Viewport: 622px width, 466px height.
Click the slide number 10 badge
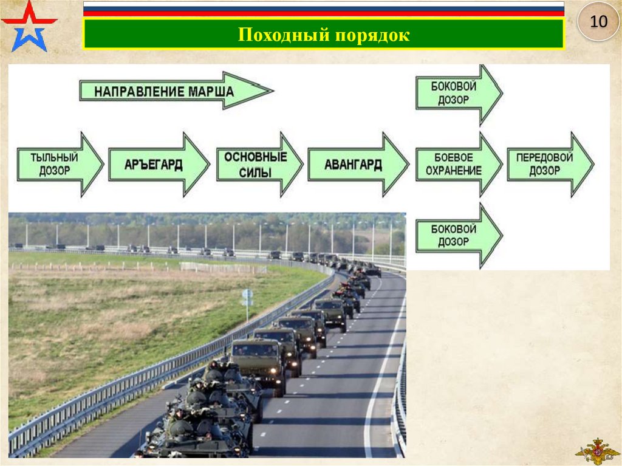598,22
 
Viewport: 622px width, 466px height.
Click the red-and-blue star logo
29,26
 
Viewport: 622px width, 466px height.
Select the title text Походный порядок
324,35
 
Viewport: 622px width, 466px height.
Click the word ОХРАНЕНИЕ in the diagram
454,171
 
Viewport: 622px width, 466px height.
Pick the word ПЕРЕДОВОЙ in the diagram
545,157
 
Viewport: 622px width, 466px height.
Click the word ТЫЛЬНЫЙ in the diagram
55,157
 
